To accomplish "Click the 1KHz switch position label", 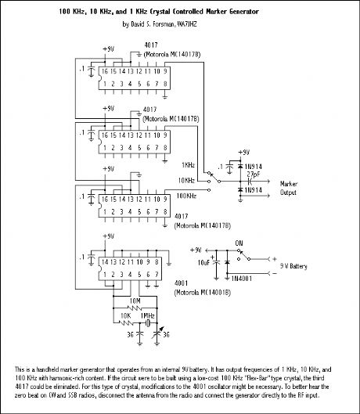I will click(x=189, y=165).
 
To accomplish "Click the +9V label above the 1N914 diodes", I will click(x=245, y=153).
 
